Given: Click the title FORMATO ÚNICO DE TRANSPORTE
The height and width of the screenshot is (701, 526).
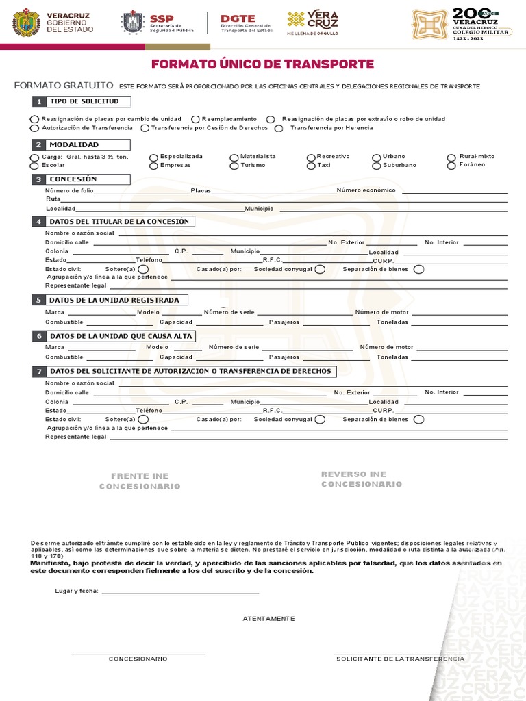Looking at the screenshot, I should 262,64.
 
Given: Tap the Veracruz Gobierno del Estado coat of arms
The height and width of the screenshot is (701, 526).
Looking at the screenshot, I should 26,22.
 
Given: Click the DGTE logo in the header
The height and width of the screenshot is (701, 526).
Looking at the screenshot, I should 238,19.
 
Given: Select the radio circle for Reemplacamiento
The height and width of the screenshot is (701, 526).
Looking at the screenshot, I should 196,120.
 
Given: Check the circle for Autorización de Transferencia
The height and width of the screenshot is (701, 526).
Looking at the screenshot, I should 35,128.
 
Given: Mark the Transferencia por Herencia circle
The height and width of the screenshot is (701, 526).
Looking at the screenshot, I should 279,128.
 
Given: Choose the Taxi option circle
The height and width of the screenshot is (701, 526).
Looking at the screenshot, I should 311,166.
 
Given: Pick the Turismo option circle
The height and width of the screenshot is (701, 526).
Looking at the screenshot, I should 234,166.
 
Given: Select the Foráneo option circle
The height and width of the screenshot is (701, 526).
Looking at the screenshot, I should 451,165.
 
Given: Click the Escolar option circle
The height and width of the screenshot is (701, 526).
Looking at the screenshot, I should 35,166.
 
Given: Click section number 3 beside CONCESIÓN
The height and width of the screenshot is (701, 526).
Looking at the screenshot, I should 39,179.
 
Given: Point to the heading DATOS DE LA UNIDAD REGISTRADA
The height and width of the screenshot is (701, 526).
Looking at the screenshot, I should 114,300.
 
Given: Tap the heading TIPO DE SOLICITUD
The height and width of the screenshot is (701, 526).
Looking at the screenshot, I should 84,101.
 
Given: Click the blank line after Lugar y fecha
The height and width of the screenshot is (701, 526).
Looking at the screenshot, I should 180,591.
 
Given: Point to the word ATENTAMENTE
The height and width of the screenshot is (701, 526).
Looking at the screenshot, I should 268,618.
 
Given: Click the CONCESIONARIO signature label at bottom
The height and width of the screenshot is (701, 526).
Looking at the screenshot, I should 138,659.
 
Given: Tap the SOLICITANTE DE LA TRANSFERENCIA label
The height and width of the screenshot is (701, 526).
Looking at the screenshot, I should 400,659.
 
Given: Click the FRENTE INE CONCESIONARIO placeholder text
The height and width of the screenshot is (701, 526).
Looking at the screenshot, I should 140,481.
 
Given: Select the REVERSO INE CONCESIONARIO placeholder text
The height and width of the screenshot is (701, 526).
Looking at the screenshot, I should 362,479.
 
